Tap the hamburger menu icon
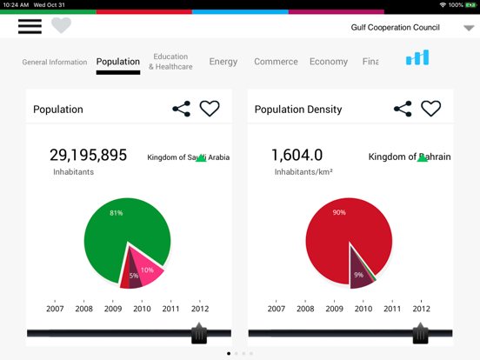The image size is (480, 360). [30, 26]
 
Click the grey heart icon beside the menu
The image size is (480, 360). [61, 26]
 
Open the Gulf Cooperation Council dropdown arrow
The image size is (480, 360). [469, 28]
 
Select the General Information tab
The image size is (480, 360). [55, 63]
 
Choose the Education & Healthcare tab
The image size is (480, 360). [170, 62]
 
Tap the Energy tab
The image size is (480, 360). [223, 62]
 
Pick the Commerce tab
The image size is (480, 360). [276, 62]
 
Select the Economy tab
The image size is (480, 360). [329, 62]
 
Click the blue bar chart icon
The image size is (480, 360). [417, 58]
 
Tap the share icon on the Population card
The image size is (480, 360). [181, 109]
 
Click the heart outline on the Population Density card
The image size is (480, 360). [431, 109]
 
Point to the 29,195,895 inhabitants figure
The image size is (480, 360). [88, 156]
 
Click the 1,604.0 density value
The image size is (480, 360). [297, 156]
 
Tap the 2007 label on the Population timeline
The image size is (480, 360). [55, 309]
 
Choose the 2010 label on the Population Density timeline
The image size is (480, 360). [363, 309]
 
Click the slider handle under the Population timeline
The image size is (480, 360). [199, 333]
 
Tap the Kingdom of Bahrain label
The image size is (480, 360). [410, 157]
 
